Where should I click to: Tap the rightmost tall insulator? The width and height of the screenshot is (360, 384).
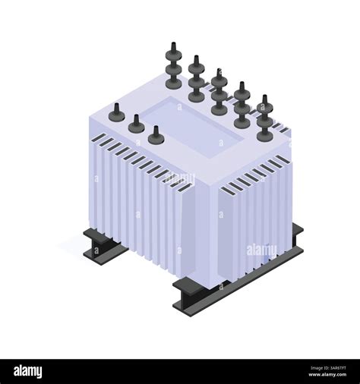pos(264,118)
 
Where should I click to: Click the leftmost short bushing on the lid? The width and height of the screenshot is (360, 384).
pos(116,114)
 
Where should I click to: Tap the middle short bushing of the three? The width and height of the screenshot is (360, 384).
pos(135,124)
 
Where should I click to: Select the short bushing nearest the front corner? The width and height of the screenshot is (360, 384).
pos(155,136)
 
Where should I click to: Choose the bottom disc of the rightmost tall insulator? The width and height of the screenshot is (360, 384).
pos(264,135)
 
